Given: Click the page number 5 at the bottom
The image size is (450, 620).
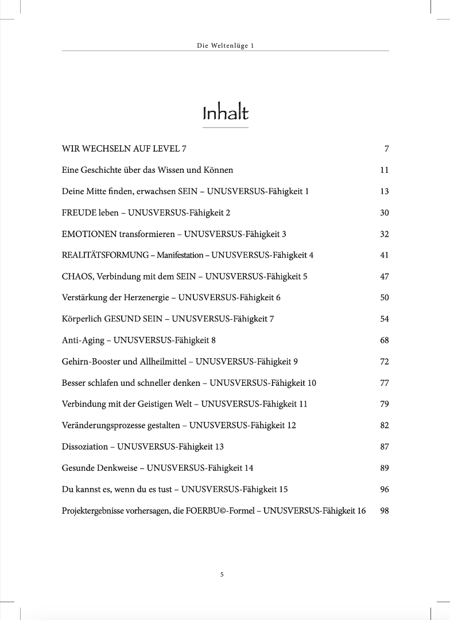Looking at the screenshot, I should (x=222, y=574).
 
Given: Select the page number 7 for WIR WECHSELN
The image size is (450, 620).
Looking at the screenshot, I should (x=387, y=149).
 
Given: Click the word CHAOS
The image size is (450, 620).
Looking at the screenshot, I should (x=74, y=277).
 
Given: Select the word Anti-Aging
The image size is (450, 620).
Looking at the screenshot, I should (x=83, y=340).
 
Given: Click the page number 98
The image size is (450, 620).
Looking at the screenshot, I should (x=385, y=510).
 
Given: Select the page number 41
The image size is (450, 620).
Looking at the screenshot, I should (x=385, y=255).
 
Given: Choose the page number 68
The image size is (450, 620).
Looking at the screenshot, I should (x=385, y=340).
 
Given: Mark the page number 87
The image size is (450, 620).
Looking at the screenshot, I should (x=385, y=447).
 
